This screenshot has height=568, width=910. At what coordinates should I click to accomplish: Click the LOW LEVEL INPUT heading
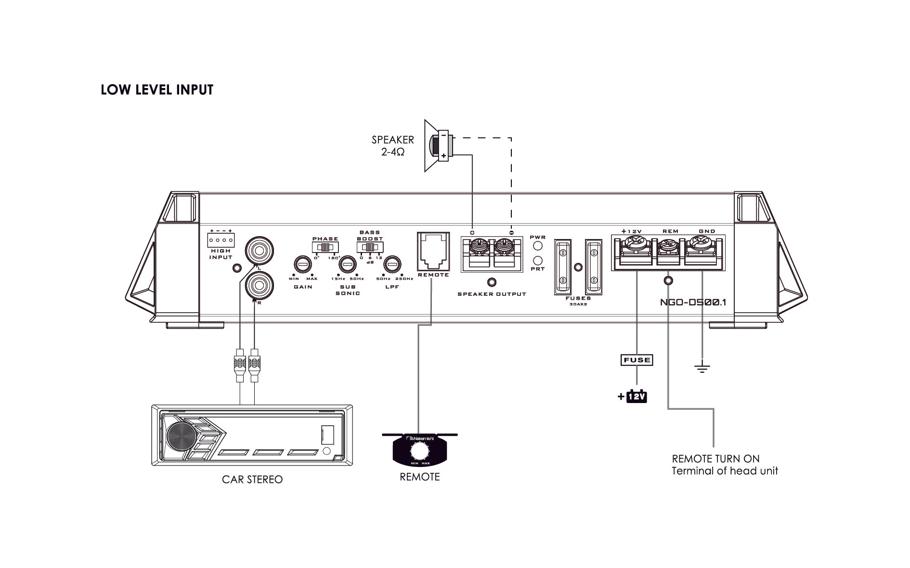pyautogui.click(x=157, y=90)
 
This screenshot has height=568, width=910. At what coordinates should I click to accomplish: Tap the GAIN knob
pyautogui.click(x=302, y=265)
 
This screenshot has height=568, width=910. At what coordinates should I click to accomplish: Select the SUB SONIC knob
pyautogui.click(x=347, y=265)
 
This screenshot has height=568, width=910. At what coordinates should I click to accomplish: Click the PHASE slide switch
pyautogui.click(x=325, y=247)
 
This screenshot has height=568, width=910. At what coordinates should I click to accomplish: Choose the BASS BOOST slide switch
pyautogui.click(x=369, y=247)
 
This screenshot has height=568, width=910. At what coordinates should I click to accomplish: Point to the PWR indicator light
pyautogui.click(x=538, y=246)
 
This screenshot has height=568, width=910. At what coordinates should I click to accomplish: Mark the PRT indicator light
pyautogui.click(x=538, y=261)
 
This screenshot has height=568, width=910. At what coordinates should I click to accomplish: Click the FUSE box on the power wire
pyautogui.click(x=637, y=360)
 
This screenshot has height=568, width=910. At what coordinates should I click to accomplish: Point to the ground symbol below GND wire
pyautogui.click(x=702, y=368)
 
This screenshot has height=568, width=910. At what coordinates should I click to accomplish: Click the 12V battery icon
pyautogui.click(x=637, y=397)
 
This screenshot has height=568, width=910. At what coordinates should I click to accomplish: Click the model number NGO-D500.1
pyautogui.click(x=693, y=303)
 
